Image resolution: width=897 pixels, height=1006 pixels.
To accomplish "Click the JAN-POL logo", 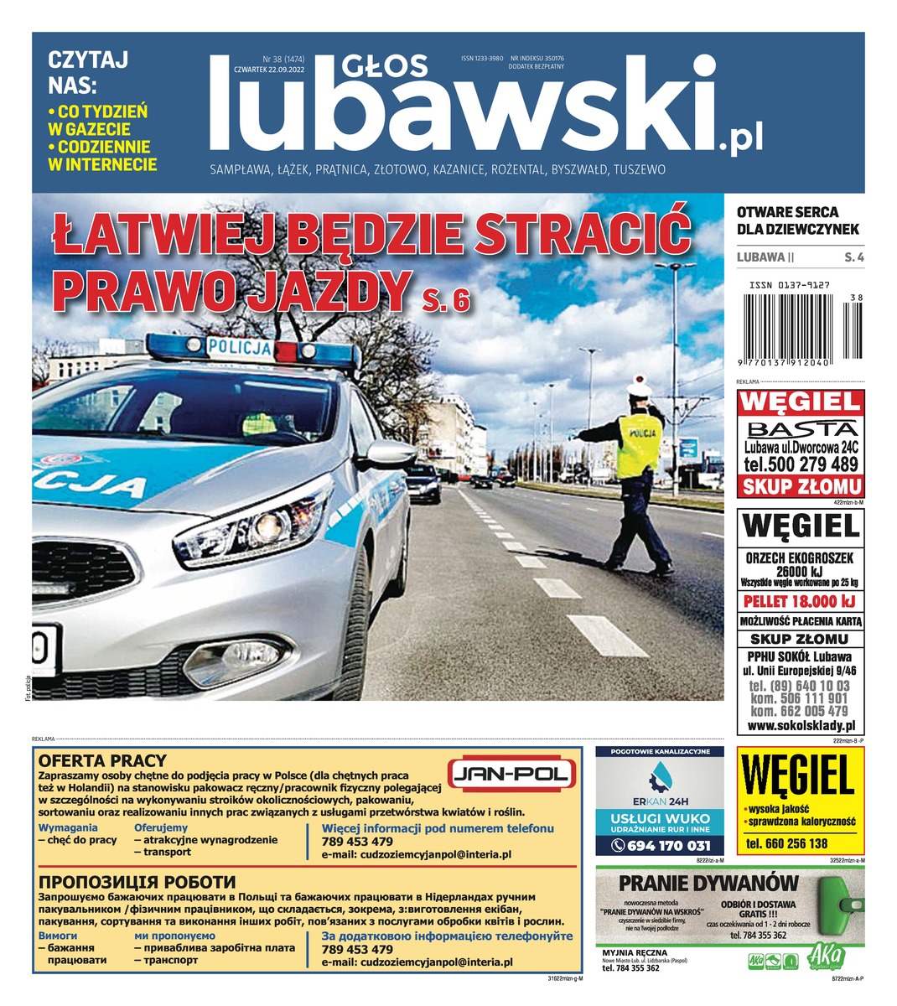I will coord(512,775).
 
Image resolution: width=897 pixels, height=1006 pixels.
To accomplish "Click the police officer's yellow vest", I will coord(639,445).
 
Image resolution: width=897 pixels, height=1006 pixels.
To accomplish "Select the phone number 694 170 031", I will coord(660,846).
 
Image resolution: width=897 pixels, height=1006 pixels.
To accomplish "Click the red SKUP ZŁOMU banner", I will coord(800,487).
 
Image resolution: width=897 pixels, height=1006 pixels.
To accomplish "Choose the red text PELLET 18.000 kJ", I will coord(800,601).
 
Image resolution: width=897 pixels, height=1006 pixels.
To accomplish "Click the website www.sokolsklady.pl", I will coord(800,726).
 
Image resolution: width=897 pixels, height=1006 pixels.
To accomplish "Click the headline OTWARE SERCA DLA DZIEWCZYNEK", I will coord(798,220).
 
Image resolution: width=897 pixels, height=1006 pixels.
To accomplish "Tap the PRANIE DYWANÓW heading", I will coord(708,882).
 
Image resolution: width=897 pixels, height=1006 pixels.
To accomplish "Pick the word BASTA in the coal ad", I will coord(800,429).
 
